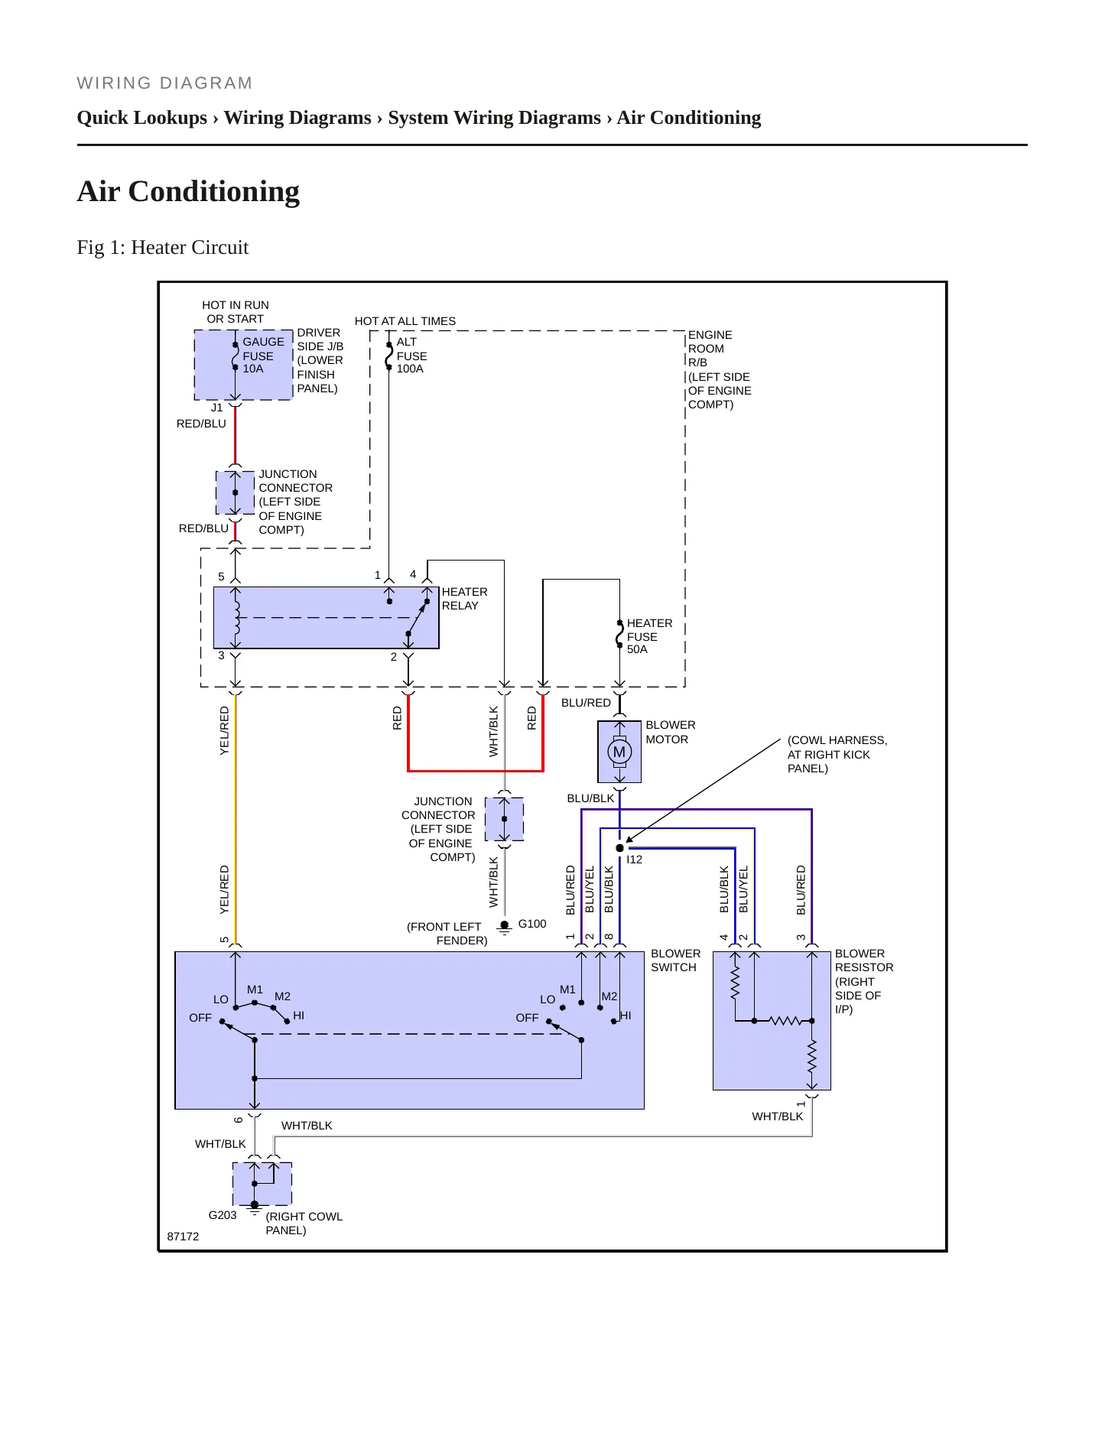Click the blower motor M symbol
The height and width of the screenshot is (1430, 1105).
click(619, 752)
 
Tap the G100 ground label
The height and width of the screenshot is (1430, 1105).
click(532, 924)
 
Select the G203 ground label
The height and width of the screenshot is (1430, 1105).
click(223, 1215)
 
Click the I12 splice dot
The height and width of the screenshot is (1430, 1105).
click(619, 848)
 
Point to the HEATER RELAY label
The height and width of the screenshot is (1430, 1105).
click(464, 599)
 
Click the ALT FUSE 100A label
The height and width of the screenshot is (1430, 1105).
click(411, 356)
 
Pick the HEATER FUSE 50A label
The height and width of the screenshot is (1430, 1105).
click(649, 636)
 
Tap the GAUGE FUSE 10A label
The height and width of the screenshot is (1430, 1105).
click(263, 356)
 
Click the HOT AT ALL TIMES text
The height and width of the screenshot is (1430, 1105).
click(405, 321)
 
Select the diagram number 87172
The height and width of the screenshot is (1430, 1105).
click(183, 1237)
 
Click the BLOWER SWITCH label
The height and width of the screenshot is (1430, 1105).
click(675, 960)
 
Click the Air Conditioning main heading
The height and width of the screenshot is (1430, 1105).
click(188, 191)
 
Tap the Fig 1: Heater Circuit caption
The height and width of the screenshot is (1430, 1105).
click(163, 248)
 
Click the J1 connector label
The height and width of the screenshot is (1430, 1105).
click(216, 408)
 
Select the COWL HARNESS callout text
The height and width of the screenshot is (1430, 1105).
click(837, 754)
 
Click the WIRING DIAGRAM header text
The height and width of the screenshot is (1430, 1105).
click(164, 83)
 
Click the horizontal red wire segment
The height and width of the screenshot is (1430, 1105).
click(476, 771)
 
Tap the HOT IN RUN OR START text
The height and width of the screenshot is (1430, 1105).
click(236, 312)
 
